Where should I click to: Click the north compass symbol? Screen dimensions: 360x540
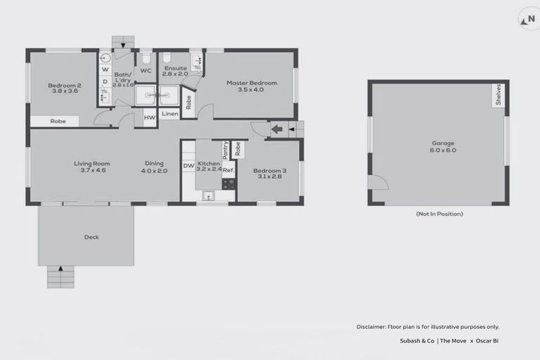(528, 20)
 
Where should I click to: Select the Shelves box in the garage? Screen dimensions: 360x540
(498, 96)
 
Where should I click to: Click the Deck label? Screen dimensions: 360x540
(91, 237)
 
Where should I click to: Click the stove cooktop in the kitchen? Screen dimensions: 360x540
(229, 184)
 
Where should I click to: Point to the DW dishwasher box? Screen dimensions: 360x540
(188, 166)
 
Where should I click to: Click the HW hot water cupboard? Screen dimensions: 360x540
(148, 117)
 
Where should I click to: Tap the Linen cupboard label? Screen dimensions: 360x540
(169, 113)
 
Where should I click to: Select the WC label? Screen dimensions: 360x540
(146, 70)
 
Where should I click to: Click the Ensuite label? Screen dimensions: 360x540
(174, 69)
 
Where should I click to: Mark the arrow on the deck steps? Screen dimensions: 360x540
(60, 268)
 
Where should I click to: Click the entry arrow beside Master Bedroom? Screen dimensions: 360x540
(277, 129)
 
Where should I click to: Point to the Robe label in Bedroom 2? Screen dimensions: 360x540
(58, 121)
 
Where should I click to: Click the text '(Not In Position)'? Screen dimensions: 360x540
(439, 213)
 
